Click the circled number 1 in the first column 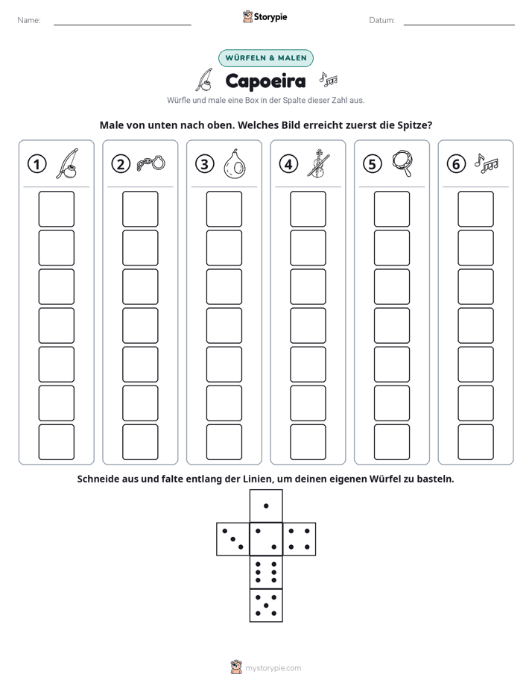tap(37, 164)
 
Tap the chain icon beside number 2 tap(151, 163)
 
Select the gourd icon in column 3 tap(235, 164)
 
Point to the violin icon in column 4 tap(318, 163)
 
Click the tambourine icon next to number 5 tap(402, 163)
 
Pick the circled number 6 tap(456, 164)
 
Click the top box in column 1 tap(56, 209)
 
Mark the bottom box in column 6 tap(476, 442)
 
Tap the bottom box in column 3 tap(224, 442)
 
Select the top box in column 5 tap(392, 209)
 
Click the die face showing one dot tap(266, 506)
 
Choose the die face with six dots tap(266, 572)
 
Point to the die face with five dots tap(266, 605)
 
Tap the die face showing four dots tap(300, 539)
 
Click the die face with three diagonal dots tap(233, 539)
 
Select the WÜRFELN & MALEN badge tap(266, 58)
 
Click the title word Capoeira tap(265, 81)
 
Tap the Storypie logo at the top tap(265, 16)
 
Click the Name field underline tap(122, 25)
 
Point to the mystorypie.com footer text tap(273, 668)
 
